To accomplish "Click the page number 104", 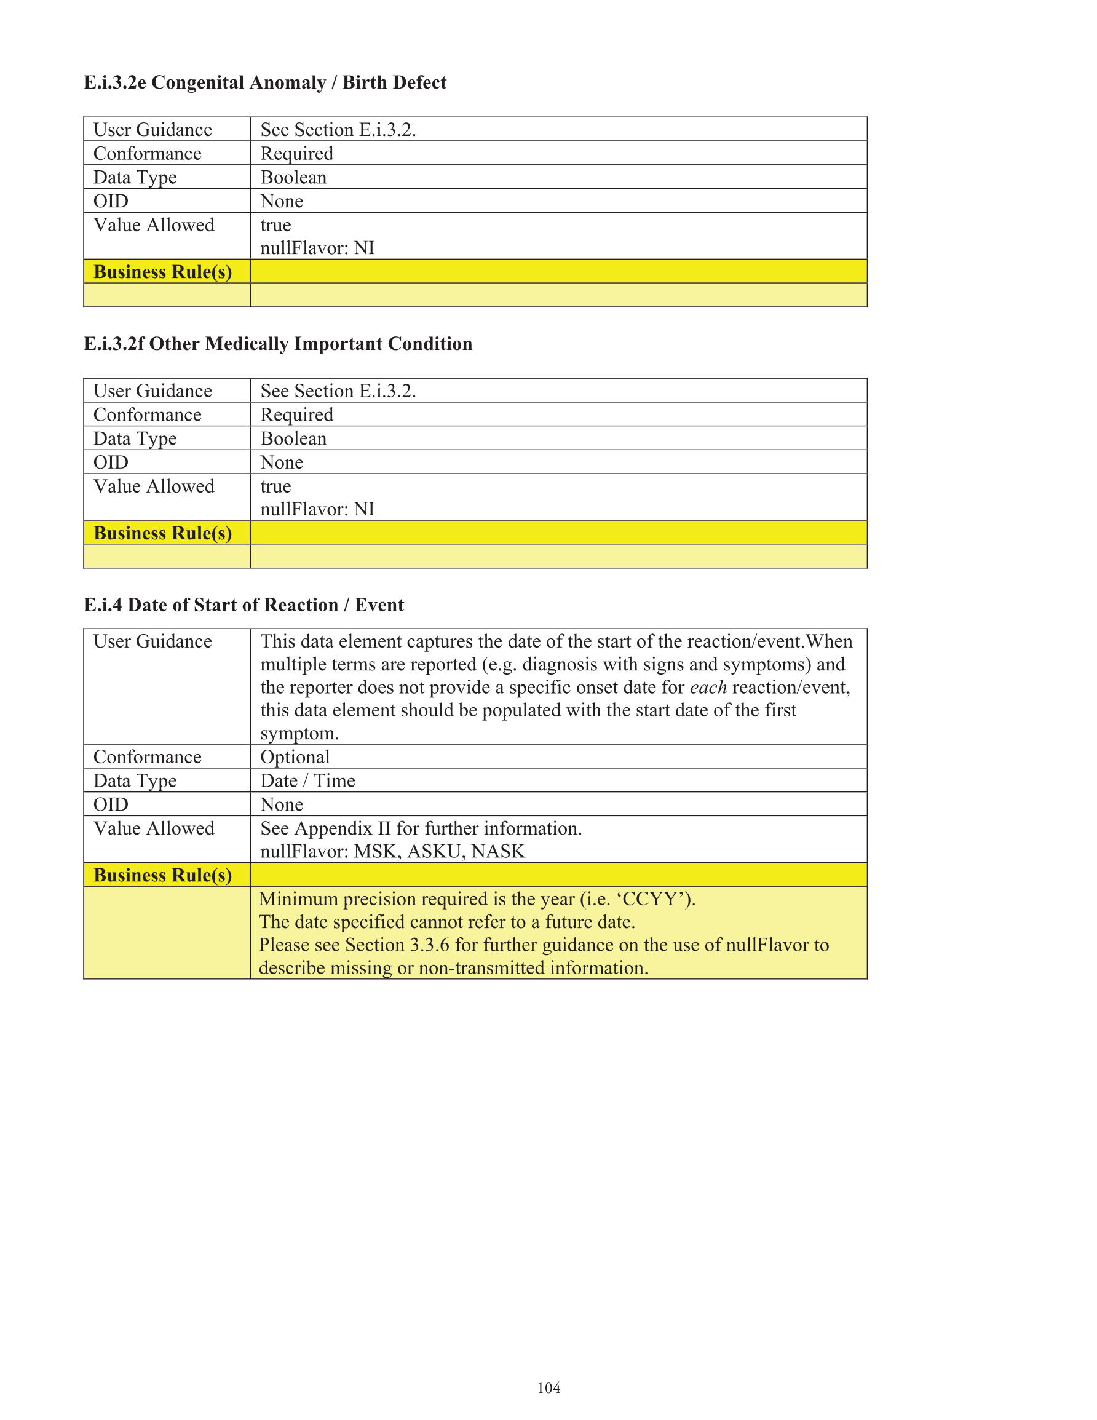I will point(548,1387).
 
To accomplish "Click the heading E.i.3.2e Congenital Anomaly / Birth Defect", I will point(264,82).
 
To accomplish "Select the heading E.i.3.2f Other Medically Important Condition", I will point(278,343).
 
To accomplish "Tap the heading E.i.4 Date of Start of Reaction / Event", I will point(244,605).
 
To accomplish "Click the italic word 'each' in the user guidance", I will point(708,687).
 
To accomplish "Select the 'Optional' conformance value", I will point(295,757).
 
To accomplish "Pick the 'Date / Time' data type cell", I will point(307,780).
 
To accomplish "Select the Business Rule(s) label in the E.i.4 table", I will point(162,875).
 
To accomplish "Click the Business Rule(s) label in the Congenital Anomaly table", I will point(162,272).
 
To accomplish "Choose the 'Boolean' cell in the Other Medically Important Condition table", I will point(293,439).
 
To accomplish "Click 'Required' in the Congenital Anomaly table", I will point(296,154).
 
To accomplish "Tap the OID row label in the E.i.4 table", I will point(111,804).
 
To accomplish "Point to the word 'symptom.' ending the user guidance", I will point(299,734).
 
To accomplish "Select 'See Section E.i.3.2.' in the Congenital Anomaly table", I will point(338,130).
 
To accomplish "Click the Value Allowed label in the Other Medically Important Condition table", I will point(154,486).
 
